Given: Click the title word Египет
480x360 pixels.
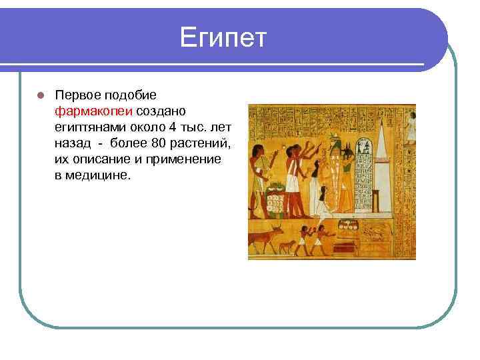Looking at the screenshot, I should [x=223, y=38].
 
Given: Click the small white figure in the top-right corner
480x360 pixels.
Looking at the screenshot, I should [x=411, y=127].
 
